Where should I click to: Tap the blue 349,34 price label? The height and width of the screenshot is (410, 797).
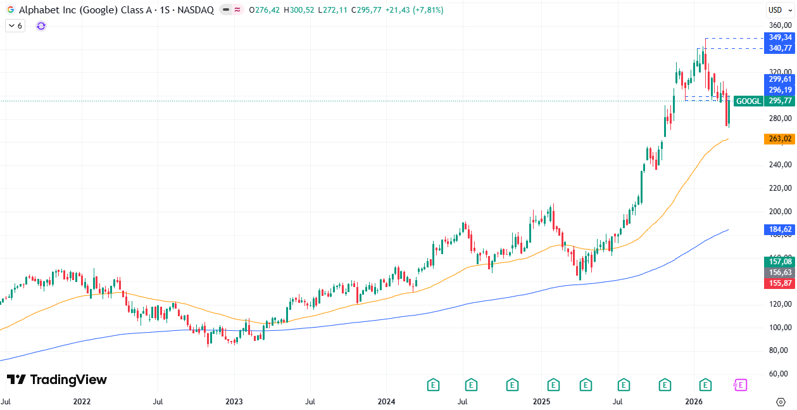[780, 37]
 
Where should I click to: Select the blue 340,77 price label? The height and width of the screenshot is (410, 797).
[780, 48]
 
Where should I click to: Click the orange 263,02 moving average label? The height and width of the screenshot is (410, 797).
[780, 139]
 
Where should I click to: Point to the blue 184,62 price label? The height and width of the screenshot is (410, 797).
[780, 229]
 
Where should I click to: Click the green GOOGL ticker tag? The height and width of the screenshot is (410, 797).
[750, 101]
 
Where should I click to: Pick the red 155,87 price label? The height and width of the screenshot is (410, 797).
[780, 283]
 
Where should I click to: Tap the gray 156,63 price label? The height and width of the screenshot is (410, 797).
[780, 272]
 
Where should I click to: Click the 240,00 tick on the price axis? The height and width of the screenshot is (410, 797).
[779, 165]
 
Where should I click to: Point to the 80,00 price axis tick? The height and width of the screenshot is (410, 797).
[779, 350]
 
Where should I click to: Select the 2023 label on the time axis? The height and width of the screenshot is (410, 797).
[234, 402]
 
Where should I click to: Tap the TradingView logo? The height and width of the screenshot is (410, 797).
[57, 380]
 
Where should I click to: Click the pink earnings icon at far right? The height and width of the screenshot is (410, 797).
[740, 385]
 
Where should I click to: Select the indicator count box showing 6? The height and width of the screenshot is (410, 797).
[15, 26]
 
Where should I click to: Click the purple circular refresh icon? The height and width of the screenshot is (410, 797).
[41, 26]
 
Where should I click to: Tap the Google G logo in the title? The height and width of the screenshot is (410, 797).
[11, 10]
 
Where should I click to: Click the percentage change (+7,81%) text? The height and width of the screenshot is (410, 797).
[427, 10]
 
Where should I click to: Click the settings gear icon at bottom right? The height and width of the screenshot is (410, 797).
[781, 402]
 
